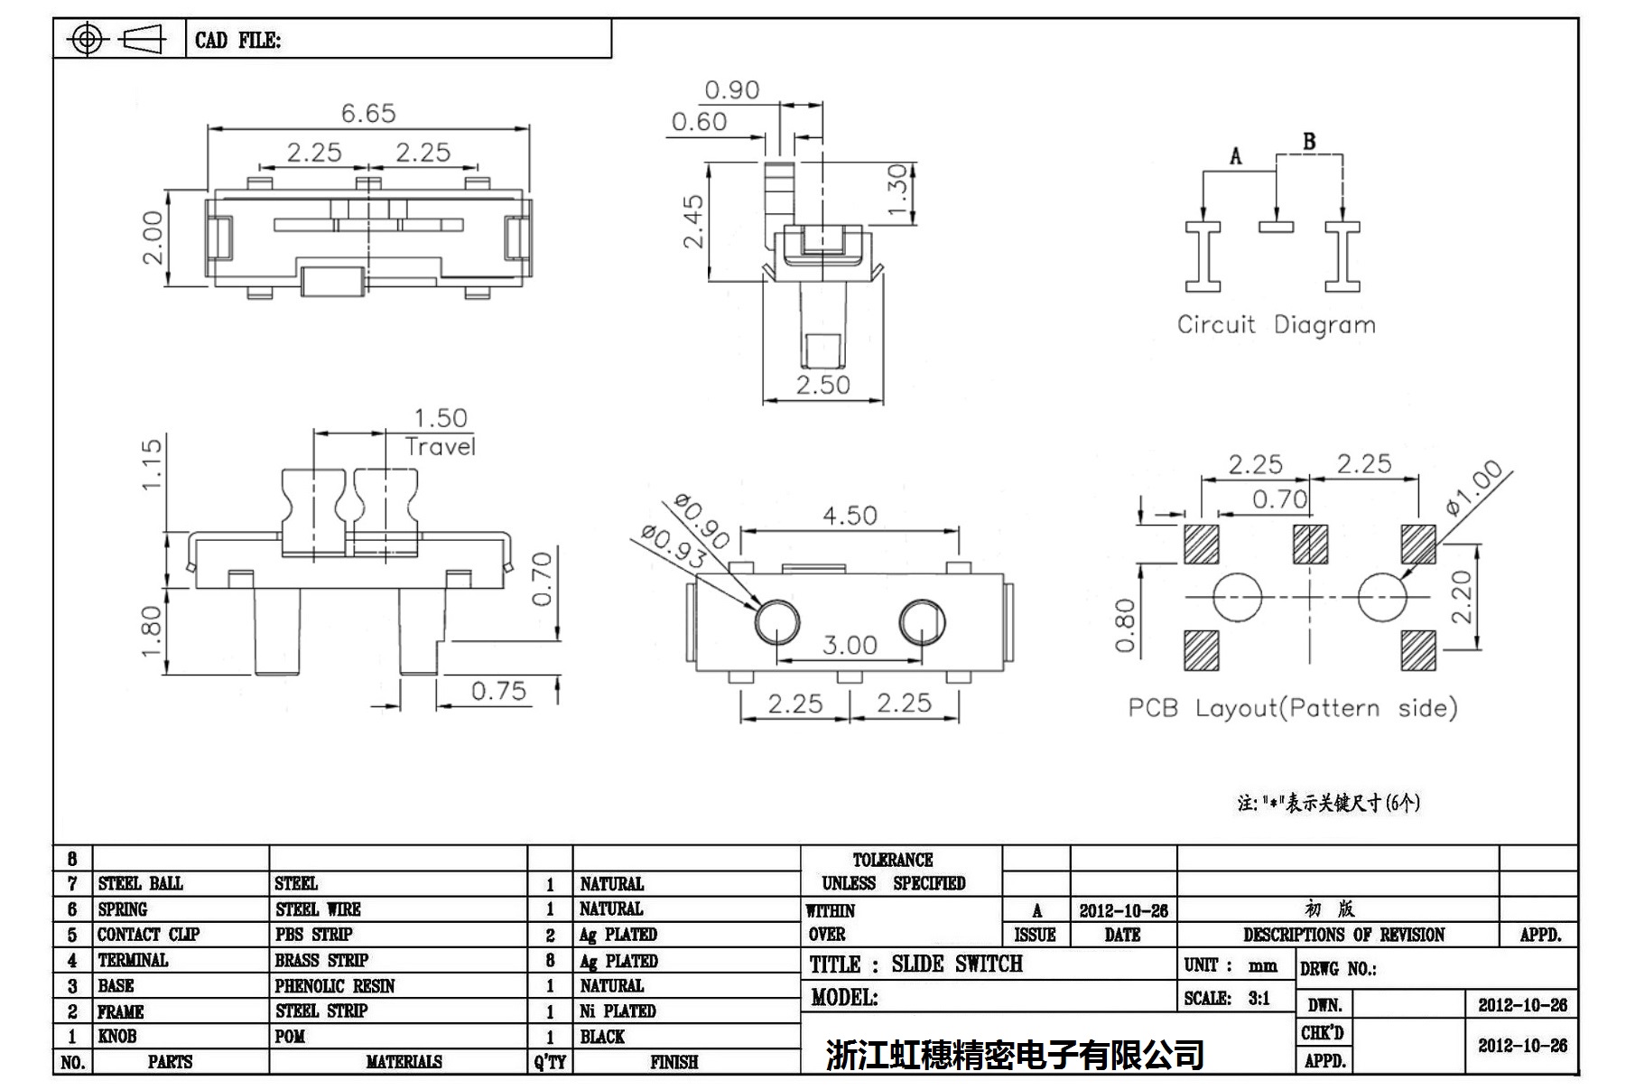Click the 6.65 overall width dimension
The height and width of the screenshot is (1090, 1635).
[368, 114]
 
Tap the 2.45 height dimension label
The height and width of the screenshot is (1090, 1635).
[693, 221]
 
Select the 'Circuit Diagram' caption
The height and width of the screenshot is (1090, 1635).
[1276, 325]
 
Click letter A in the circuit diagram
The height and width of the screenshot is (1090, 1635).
[1235, 157]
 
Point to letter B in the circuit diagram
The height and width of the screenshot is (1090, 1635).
[1309, 142]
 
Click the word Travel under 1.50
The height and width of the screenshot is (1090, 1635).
[440, 447]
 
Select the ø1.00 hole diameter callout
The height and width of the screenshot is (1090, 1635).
[1473, 488]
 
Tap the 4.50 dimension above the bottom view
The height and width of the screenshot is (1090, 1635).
[850, 516]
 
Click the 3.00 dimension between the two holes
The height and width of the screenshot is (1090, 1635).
[850, 645]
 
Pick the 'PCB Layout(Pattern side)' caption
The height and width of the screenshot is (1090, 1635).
[1293, 708]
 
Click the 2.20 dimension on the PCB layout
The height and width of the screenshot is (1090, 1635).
[1462, 597]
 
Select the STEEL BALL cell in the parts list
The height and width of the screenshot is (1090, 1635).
[141, 883]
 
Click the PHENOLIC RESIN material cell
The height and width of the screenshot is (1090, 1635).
[335, 986]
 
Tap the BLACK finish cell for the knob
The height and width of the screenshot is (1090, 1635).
[602, 1037]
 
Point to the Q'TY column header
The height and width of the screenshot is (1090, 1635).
[549, 1063]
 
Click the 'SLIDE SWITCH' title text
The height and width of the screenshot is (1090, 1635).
[957, 964]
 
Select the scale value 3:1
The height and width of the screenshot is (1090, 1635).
[1259, 999]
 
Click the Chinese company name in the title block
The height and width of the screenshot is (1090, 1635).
[1015, 1055]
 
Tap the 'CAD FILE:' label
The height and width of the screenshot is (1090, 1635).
[237, 41]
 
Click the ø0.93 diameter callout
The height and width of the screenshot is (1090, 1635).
[672, 547]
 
